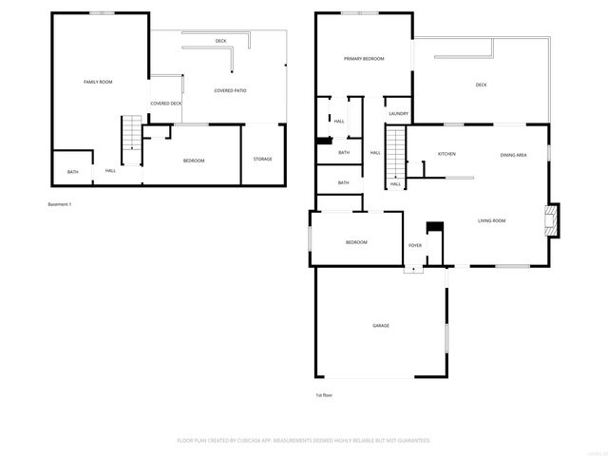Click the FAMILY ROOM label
click(98, 83)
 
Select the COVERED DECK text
click(165, 103)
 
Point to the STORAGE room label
click(262, 159)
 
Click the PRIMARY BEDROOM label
click(364, 59)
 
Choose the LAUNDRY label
click(398, 114)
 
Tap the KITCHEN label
click(447, 154)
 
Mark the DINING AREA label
click(514, 154)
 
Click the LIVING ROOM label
click(491, 220)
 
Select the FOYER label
click(415, 245)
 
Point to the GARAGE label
click(381, 326)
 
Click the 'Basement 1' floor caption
click(60, 204)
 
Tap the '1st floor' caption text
click(324, 394)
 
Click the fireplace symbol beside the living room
click(551, 220)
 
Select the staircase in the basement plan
click(131, 136)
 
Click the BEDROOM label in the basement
click(194, 161)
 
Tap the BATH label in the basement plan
click(73, 172)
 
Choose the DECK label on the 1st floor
click(482, 85)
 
